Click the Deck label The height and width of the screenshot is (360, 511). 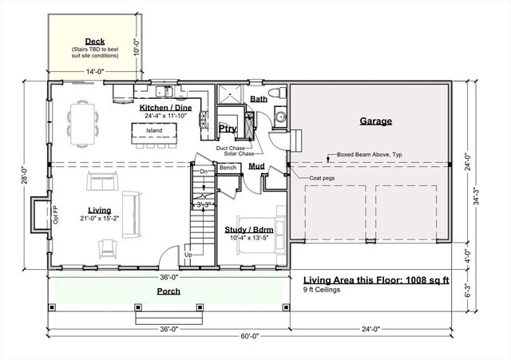[x=95, y=42]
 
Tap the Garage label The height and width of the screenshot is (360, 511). [x=376, y=121]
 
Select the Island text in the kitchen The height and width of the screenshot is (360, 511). [x=154, y=130]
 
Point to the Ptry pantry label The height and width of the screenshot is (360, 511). [x=228, y=129]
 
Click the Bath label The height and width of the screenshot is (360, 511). [x=259, y=99]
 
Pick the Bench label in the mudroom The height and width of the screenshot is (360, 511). [x=228, y=168]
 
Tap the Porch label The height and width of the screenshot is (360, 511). [x=168, y=291]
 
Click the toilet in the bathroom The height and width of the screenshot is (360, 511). [x=278, y=93]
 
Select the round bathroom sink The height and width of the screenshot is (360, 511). [x=280, y=117]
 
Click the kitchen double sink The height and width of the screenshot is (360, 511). [x=164, y=91]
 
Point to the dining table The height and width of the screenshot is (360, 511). [x=82, y=124]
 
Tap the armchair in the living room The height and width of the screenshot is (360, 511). [x=107, y=249]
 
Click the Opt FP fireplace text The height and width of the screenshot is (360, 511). [x=55, y=215]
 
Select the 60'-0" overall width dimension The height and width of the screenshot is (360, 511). [x=250, y=336]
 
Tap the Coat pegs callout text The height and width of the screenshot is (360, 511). [x=322, y=178]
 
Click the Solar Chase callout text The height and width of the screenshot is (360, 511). [x=239, y=153]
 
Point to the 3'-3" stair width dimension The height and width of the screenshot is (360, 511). [x=204, y=205]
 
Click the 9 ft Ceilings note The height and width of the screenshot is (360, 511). [x=322, y=290]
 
